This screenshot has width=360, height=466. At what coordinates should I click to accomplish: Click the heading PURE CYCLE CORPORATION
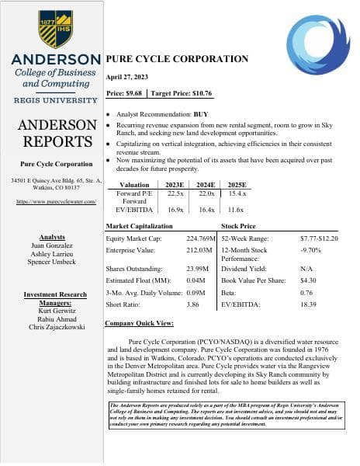tap(177, 59)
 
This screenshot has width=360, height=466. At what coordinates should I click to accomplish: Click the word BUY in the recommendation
tap(201, 113)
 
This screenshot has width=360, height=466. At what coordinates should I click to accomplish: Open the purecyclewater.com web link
tap(54, 201)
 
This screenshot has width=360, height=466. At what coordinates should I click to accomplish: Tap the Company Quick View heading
tap(139, 323)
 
